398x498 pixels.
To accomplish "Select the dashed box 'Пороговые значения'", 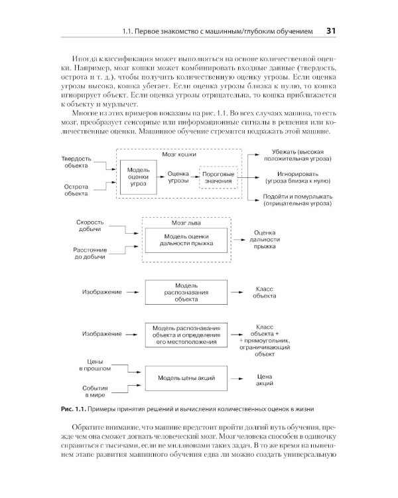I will pyautogui.click(x=218, y=178).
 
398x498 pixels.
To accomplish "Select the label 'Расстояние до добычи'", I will pyautogui.click(x=87, y=252).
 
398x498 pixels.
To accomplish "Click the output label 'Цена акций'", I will pyautogui.click(x=264, y=380).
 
